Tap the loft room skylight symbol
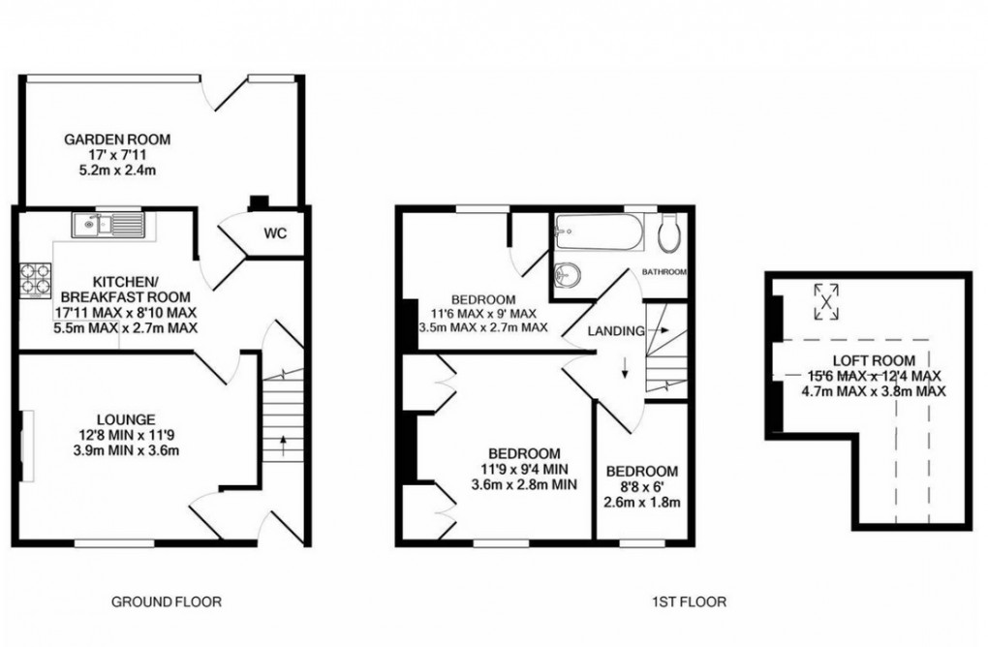(x=825, y=300)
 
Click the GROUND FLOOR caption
(x=166, y=601)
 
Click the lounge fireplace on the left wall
(x=22, y=446)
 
